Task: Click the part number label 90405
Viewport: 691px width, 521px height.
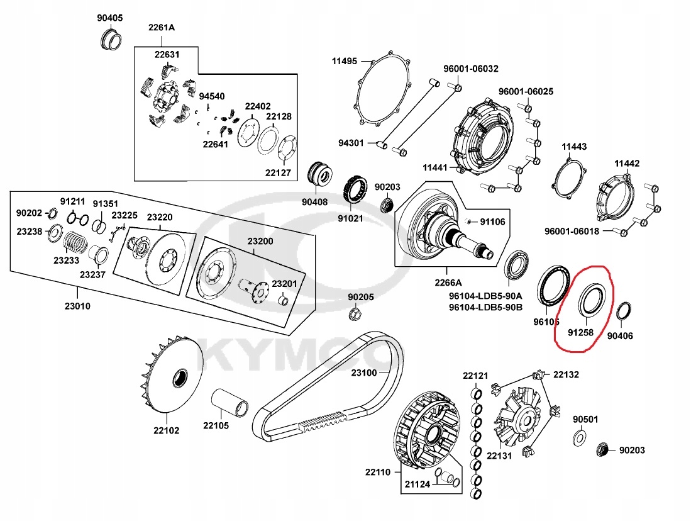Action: [x=110, y=18]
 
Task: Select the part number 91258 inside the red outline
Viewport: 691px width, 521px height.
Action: [x=580, y=333]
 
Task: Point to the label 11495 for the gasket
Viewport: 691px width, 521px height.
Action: [x=344, y=61]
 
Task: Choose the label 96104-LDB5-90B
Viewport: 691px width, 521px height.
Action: [x=485, y=307]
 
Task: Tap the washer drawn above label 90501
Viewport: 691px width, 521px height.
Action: [x=580, y=437]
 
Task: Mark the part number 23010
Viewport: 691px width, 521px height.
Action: [x=77, y=306]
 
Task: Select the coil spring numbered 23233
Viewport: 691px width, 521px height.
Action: [x=76, y=244]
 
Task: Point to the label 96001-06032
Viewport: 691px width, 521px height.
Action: [x=471, y=69]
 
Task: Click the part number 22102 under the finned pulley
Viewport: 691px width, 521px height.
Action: [x=166, y=430]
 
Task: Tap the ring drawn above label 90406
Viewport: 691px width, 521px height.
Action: [x=623, y=312]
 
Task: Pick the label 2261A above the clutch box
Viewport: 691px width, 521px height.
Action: [x=162, y=27]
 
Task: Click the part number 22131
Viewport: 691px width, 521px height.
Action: [x=499, y=456]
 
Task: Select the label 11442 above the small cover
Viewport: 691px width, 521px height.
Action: [x=627, y=164]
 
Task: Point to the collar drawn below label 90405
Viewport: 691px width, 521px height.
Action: [x=110, y=40]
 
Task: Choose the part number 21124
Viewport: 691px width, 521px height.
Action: [x=417, y=485]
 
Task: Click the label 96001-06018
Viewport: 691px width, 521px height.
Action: [x=572, y=231]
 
